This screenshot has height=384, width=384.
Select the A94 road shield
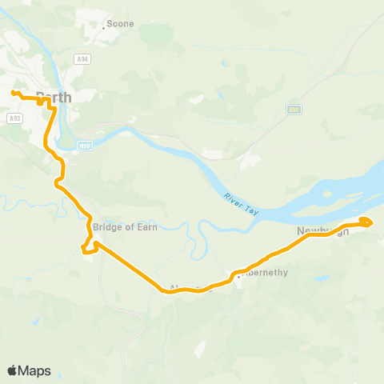click(82, 59)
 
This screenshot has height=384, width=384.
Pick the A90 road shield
click(294, 109)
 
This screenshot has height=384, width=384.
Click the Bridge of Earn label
click(125, 227)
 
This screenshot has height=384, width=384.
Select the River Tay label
click(238, 199)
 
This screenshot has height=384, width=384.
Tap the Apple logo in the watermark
click(13, 370)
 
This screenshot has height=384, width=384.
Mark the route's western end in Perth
click(14, 93)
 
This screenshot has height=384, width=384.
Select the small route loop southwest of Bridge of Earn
click(89, 250)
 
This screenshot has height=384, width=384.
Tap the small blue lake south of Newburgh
click(321, 278)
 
